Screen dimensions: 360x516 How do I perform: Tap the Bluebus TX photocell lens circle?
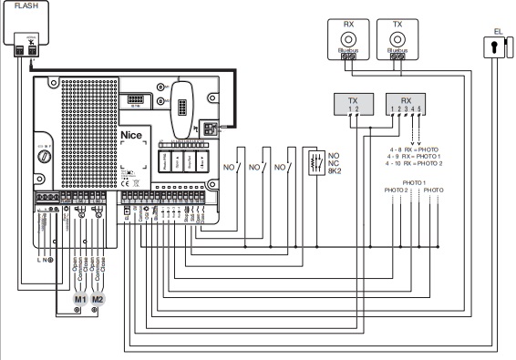pos(397,38)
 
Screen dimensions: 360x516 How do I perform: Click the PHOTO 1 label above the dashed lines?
pos(412,181)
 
